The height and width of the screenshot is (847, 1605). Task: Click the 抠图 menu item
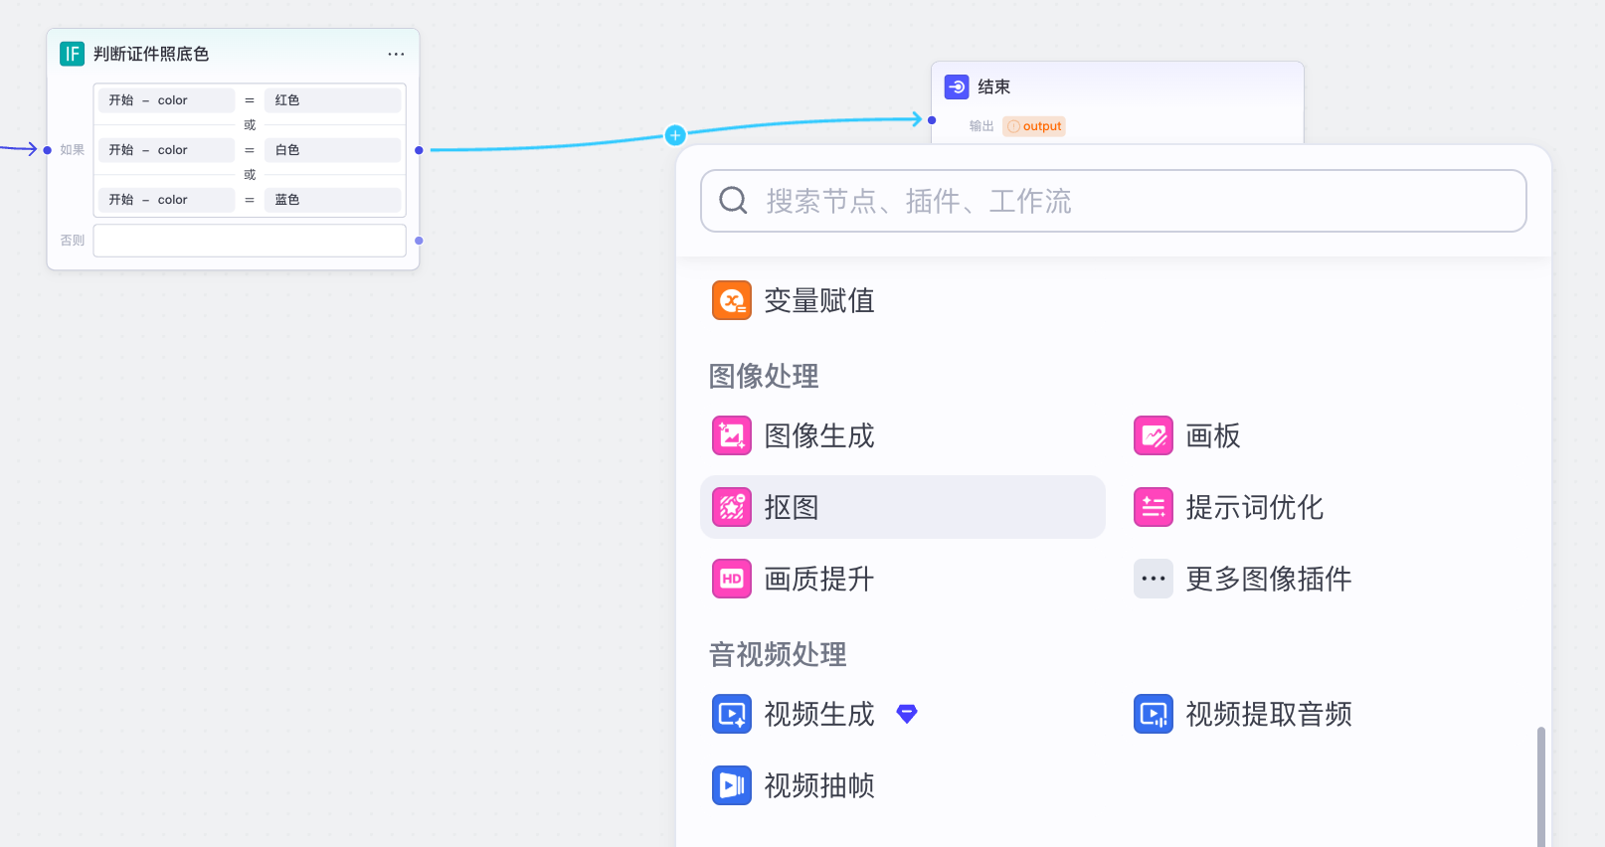pos(792,507)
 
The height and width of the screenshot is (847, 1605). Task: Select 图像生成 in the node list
pos(818,435)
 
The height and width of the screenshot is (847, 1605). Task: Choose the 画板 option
pos(1212,435)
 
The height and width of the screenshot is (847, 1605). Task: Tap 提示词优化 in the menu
pos(1254,507)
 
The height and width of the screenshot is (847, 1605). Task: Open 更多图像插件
pos(1268,579)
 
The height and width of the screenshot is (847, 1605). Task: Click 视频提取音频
pos(1268,714)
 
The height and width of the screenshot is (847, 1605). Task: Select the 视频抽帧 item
pos(818,785)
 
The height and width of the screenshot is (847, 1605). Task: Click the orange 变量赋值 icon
pos(732,300)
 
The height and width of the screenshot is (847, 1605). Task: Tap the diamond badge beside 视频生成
pos(907,714)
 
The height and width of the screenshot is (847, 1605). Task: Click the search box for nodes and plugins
pos(1114,201)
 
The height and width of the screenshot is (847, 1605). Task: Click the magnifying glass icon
pos(733,201)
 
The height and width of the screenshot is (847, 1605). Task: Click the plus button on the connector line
pos(675,135)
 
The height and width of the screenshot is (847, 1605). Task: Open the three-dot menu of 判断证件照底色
pos(396,54)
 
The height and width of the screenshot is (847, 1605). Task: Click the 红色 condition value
pos(332,100)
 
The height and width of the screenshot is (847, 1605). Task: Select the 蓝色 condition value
pos(332,200)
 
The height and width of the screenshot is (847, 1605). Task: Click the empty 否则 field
pos(250,241)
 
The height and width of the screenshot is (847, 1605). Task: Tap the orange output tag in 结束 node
pos(1034,126)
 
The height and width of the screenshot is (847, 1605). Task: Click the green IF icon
pos(72,54)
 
